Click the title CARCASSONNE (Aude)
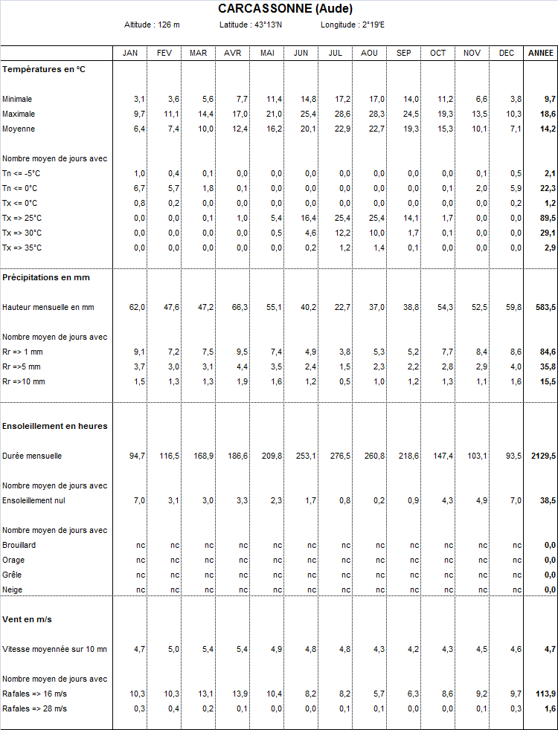[285, 9]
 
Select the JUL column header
[335, 53]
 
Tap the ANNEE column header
[541, 53]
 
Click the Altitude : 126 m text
[152, 25]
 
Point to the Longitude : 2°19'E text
[353, 25]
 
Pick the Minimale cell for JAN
[139, 99]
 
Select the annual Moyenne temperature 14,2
[549, 129]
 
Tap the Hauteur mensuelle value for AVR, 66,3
[240, 307]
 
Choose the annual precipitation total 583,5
[545, 307]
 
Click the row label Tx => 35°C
[22, 248]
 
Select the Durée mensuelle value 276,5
[340, 456]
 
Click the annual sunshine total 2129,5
[543, 456]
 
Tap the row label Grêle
[12, 575]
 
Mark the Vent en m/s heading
[27, 619]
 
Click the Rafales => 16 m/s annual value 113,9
[545, 694]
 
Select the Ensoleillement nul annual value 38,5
[548, 500]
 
